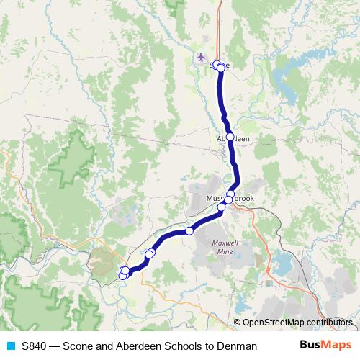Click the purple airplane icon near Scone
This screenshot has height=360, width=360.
click(201, 57)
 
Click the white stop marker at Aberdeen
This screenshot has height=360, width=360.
click(230, 137)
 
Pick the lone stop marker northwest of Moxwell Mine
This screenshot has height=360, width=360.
click(189, 231)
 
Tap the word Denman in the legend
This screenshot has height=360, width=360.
click(238, 346)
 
